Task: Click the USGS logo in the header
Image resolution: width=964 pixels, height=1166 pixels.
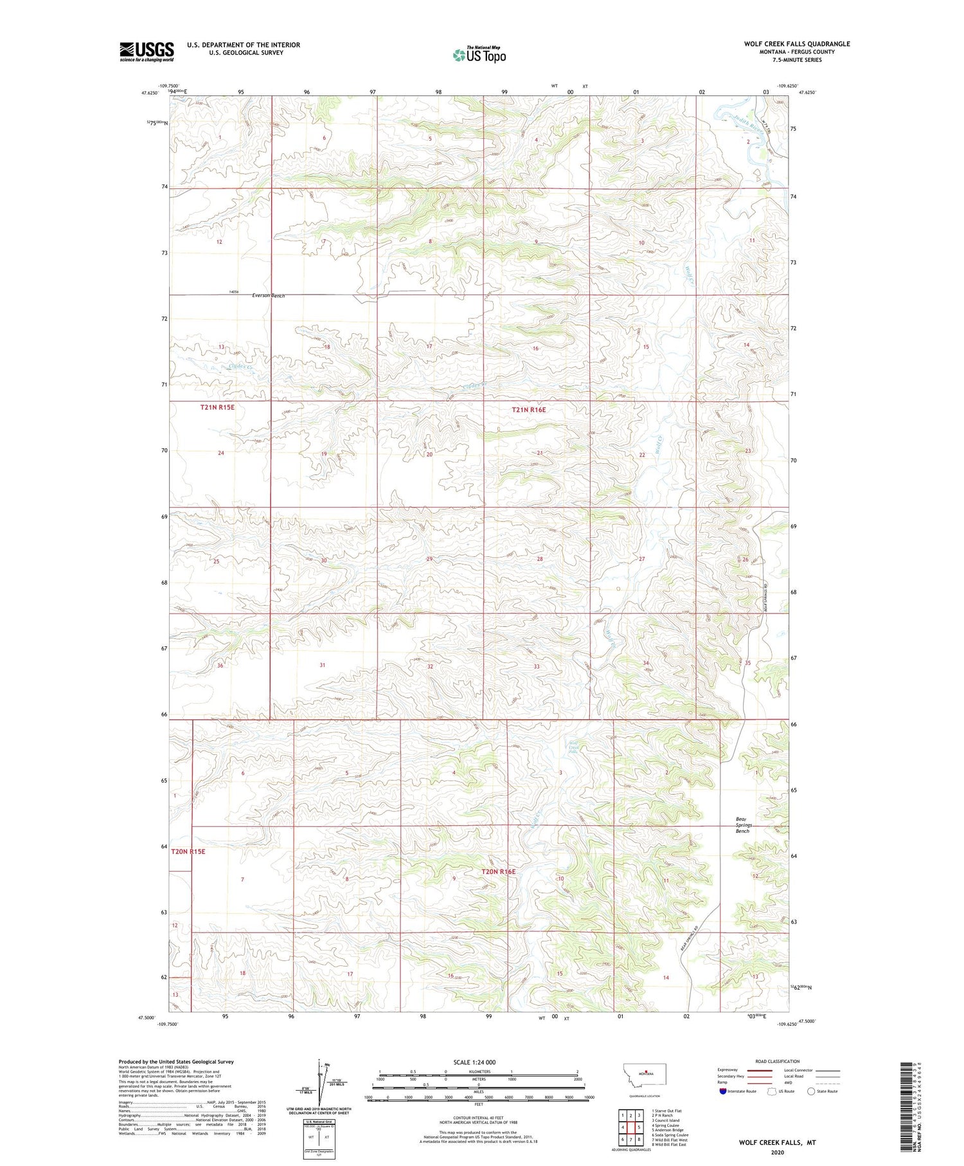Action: (x=147, y=51)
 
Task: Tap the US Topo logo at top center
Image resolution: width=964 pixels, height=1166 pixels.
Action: (x=479, y=55)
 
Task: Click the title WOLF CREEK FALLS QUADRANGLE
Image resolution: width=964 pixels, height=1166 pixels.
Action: (x=796, y=44)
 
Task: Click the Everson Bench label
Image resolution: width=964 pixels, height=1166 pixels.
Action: (x=268, y=296)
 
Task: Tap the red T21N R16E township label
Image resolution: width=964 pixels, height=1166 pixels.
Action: (x=528, y=410)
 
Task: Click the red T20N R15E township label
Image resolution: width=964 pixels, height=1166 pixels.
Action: (x=188, y=852)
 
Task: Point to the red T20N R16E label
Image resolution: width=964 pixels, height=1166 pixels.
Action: (x=498, y=871)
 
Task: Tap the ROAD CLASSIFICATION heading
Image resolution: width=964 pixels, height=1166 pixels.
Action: (x=777, y=1061)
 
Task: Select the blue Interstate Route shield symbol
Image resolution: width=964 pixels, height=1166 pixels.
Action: (x=723, y=1091)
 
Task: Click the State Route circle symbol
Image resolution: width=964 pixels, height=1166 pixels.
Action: (x=811, y=1091)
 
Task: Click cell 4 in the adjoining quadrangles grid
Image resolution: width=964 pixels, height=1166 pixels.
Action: (x=623, y=1127)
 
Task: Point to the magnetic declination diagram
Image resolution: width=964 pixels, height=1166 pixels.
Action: (x=319, y=1084)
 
